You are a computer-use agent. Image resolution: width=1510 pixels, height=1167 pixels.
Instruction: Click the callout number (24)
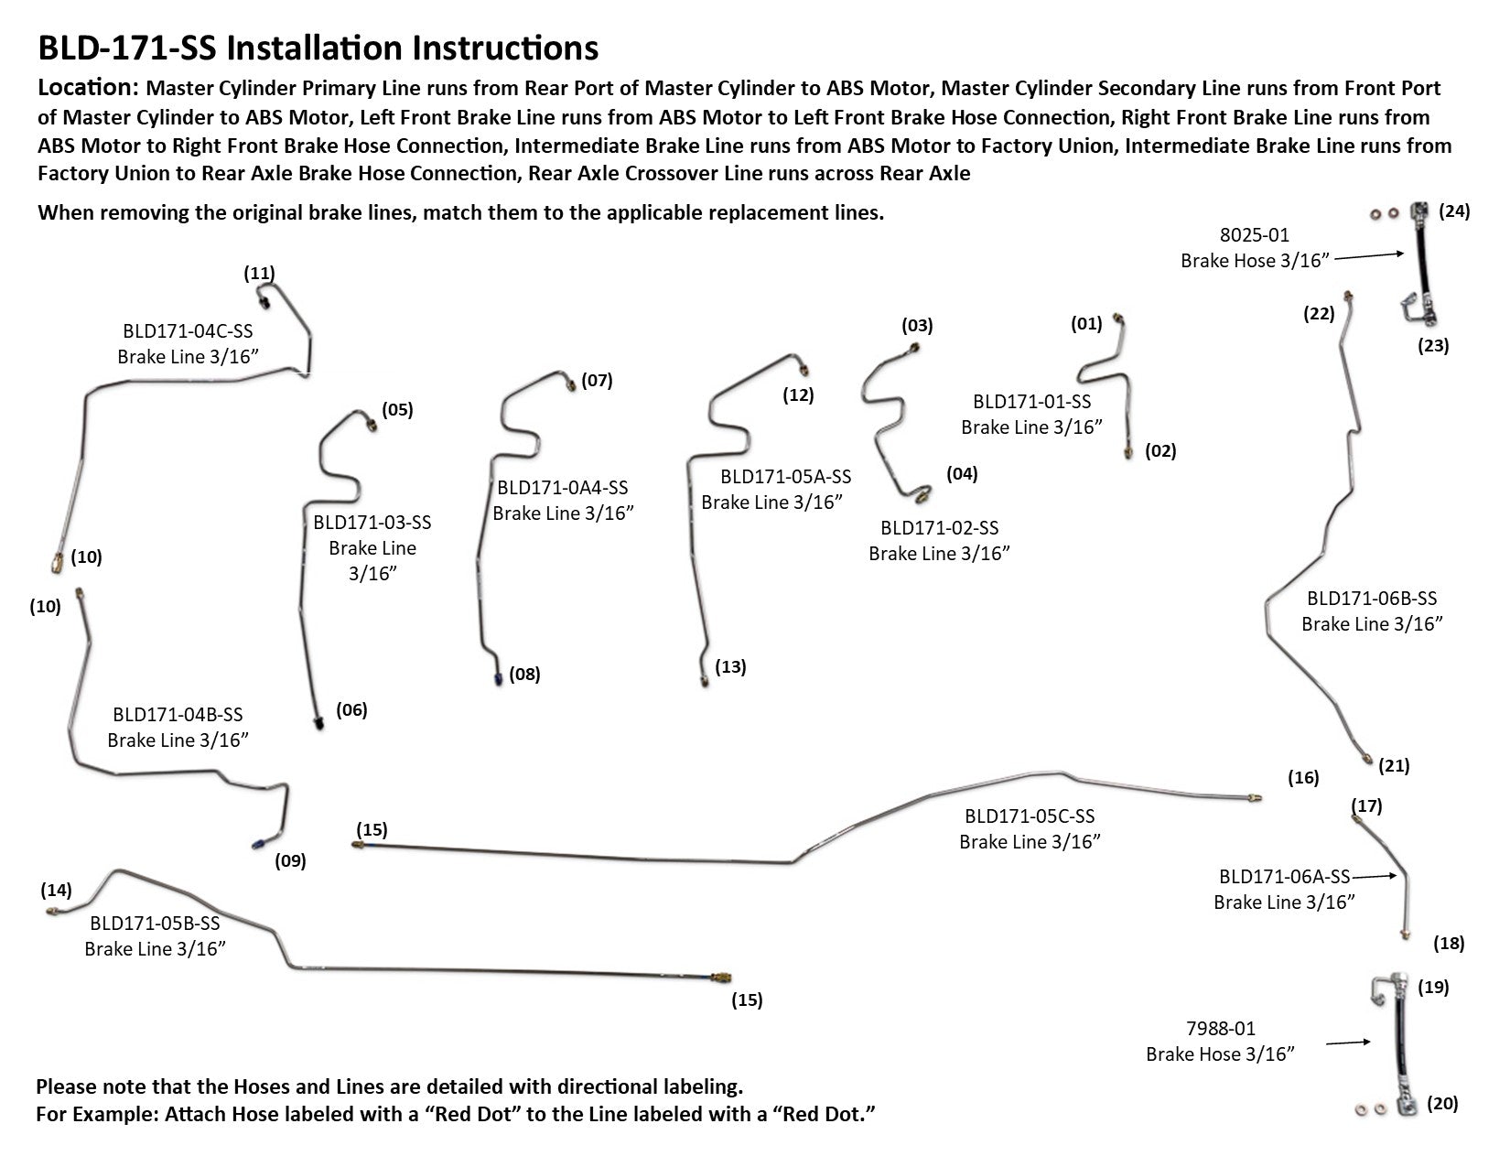1453,211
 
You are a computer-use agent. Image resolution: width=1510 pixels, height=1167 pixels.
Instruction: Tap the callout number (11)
259,273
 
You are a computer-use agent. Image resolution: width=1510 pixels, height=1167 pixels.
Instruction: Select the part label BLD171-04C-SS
188,331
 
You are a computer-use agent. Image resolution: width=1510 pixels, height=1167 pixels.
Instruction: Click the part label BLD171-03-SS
372,523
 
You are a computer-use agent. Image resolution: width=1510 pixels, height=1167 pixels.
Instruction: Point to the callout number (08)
524,675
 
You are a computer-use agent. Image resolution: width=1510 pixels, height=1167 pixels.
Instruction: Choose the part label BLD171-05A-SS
785,477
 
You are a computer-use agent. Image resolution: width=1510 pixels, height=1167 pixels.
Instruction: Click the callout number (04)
962,474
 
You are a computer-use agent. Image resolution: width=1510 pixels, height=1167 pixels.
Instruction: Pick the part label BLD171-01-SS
1031,402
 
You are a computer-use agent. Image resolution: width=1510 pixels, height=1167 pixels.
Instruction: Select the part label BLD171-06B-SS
1372,599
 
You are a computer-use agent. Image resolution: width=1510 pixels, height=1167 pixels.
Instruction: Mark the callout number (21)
1394,766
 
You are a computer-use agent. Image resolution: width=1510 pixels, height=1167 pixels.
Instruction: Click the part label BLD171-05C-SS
1029,816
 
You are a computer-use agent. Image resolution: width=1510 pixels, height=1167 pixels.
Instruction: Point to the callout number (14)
56,890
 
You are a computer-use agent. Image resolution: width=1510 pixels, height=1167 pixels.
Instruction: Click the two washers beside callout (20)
1370,1110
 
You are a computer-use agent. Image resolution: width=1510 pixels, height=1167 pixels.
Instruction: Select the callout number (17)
1366,806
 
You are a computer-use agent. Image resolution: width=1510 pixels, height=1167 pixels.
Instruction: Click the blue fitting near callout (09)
259,843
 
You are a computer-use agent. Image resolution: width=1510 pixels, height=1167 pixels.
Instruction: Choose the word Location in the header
85,88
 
